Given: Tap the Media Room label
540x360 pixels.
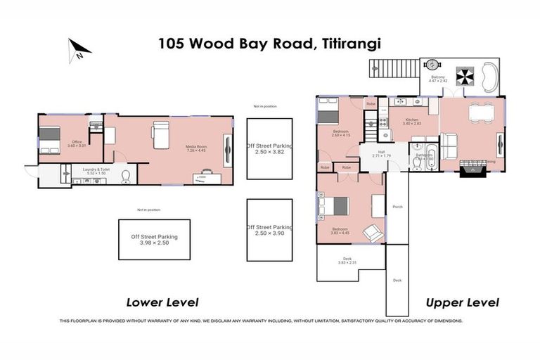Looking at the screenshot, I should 195,147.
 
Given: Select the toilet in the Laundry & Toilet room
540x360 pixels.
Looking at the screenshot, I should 127,175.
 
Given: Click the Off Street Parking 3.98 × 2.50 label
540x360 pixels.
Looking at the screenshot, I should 154,240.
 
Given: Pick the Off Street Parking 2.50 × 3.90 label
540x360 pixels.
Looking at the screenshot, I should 269,230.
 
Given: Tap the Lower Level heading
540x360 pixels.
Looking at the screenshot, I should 162,302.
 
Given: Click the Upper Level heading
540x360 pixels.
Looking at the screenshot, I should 462,302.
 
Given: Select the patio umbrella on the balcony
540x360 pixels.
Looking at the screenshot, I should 466,75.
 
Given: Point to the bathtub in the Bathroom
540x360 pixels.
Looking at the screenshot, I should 430,157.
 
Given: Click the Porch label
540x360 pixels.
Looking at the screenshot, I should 397,207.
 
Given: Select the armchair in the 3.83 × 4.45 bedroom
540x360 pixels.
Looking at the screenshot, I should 373,233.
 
